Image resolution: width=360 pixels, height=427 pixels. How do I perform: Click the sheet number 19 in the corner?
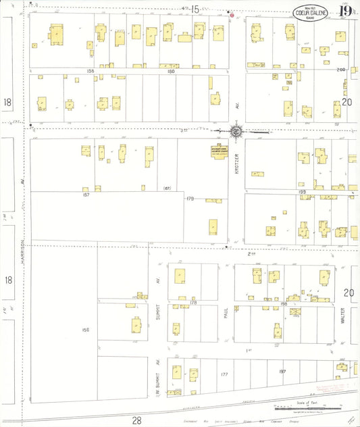click(345, 11)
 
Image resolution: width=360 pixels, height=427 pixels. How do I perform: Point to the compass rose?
click(237, 132)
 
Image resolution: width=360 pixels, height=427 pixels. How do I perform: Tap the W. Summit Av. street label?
click(156, 382)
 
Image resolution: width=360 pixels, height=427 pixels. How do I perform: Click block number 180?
click(171, 70)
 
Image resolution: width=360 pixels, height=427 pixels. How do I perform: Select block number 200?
click(340, 70)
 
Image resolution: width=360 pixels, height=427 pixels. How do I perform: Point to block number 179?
click(190, 199)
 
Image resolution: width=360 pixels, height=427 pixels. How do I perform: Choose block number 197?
click(282, 372)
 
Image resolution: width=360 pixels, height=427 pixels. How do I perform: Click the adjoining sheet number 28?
click(136, 420)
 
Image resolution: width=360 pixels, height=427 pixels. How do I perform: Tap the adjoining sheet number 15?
click(195, 9)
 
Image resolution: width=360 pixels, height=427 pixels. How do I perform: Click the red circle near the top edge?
click(232, 14)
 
